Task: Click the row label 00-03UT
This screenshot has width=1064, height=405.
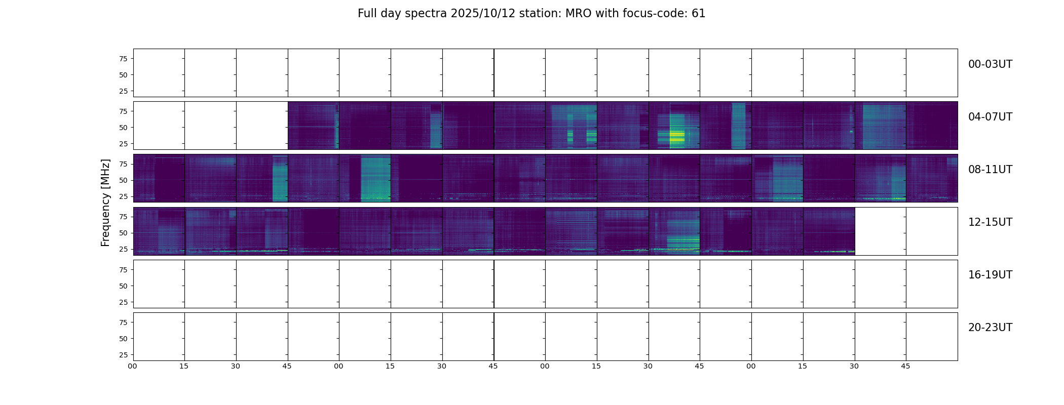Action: coord(990,64)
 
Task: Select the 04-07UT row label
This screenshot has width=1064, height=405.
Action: coord(990,117)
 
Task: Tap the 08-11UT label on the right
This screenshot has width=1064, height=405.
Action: coord(990,170)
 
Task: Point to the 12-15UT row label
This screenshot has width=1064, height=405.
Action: coord(990,222)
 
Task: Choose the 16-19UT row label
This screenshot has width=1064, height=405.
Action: coord(990,275)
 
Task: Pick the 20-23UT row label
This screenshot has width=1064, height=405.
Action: coord(990,328)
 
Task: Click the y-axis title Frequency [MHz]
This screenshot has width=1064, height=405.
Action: coord(105,202)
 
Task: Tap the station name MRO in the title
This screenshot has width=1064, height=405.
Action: coord(577,14)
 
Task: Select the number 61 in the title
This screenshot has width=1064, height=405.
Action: coord(699,14)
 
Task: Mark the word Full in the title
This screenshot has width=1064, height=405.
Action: coord(367,14)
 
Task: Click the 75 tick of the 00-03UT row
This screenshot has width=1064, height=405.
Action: coord(123,59)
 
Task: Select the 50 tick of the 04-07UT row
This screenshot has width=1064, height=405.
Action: coord(123,128)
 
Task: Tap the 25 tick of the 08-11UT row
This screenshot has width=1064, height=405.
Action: coord(123,196)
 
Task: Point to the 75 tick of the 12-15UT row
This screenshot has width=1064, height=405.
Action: coord(123,217)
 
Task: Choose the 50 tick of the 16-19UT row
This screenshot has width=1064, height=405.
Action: coord(123,286)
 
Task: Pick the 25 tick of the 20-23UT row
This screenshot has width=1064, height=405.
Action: coord(123,355)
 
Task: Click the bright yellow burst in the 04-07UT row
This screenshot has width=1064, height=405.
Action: coord(677,136)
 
